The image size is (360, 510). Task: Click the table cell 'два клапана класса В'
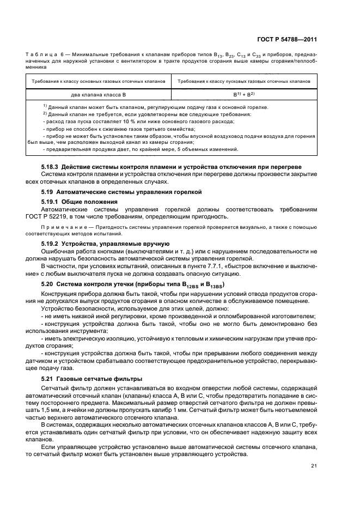tap(98, 94)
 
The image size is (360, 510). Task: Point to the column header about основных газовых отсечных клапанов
tap(98, 81)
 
